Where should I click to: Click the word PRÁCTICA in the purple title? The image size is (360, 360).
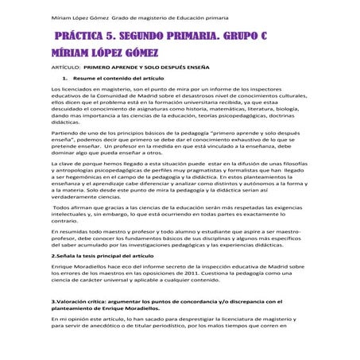[x=83, y=37]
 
